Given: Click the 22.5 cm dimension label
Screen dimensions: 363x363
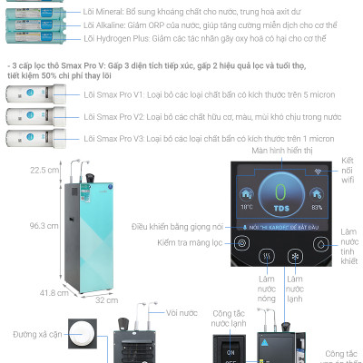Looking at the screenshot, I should coord(17,170).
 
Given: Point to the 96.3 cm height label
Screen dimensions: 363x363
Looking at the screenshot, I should coord(17,225).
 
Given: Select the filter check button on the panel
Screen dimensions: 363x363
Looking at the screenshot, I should coord(242,243).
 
